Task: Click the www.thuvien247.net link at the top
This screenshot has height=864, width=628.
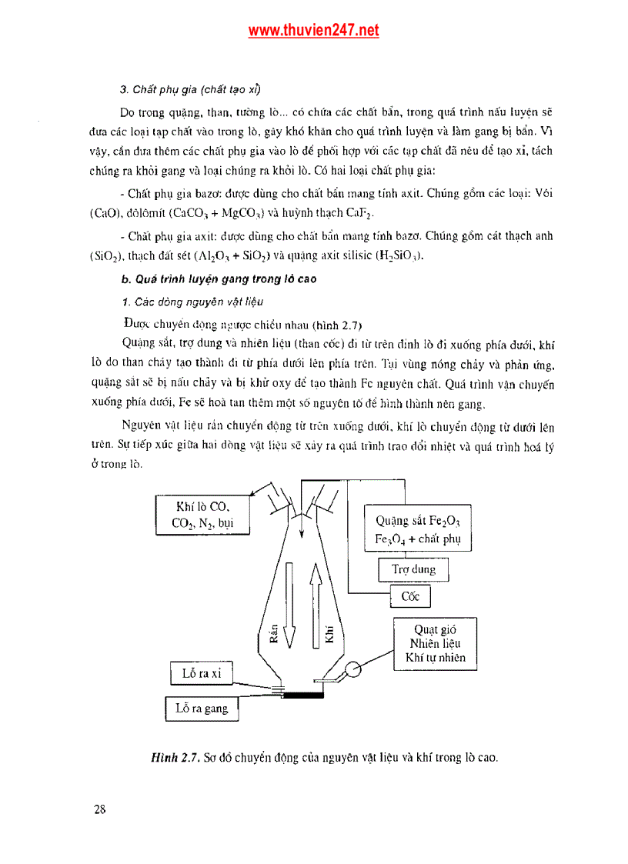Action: (x=313, y=31)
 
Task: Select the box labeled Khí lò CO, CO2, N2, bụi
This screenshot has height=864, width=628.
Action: (x=203, y=515)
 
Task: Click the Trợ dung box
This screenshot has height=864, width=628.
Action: (x=413, y=569)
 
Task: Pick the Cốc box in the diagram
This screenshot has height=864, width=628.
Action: (x=410, y=597)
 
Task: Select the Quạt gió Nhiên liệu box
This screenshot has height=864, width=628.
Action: (x=435, y=643)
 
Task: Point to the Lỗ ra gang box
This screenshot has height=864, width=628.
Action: (x=202, y=709)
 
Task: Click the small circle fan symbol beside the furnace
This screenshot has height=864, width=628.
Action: (x=353, y=669)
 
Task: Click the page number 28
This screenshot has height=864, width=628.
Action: (x=100, y=809)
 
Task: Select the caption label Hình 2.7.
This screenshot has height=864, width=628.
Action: (x=176, y=757)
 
